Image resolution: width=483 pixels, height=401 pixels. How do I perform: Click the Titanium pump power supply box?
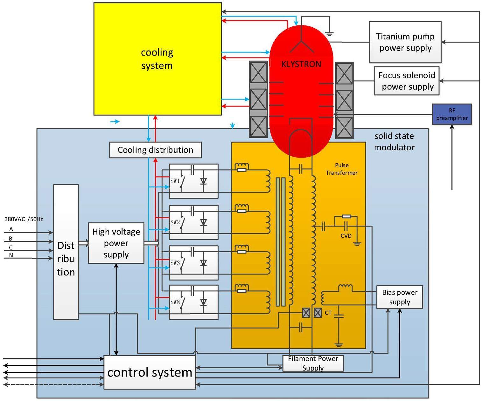pos(405,42)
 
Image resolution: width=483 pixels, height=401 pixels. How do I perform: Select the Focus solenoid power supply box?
pos(407,81)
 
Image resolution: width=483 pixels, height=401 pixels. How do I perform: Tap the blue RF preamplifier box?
pos(452,114)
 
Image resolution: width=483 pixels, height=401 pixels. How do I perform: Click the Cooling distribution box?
pos(155,150)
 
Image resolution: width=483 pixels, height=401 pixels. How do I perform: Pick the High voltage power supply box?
pos(116,243)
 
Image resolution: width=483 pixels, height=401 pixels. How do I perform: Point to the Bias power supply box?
pos(400,297)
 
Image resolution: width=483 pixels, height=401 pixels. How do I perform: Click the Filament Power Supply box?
pos(313,363)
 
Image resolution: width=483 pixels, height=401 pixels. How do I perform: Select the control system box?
pos(150,372)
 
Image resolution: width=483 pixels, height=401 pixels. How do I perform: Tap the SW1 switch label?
pos(175,181)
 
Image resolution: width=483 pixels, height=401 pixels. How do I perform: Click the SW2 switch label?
pos(175,222)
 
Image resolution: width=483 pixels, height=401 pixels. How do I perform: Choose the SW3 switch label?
pos(175,263)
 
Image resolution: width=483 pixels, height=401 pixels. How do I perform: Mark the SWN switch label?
pos(175,302)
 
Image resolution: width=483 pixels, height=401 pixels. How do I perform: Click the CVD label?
pos(346,236)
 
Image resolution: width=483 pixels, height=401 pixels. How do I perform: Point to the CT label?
pos(328,313)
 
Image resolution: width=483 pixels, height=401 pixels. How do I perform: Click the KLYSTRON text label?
pos(301,64)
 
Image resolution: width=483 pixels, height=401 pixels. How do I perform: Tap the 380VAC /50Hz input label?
pos(24,219)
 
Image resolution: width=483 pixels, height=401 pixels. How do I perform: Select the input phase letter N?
pos(11,255)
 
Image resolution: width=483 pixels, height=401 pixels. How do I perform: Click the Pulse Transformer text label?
pos(341,169)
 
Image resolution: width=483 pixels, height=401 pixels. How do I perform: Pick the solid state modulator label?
pos(394,142)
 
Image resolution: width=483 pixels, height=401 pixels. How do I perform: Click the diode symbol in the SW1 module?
pos(203,181)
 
